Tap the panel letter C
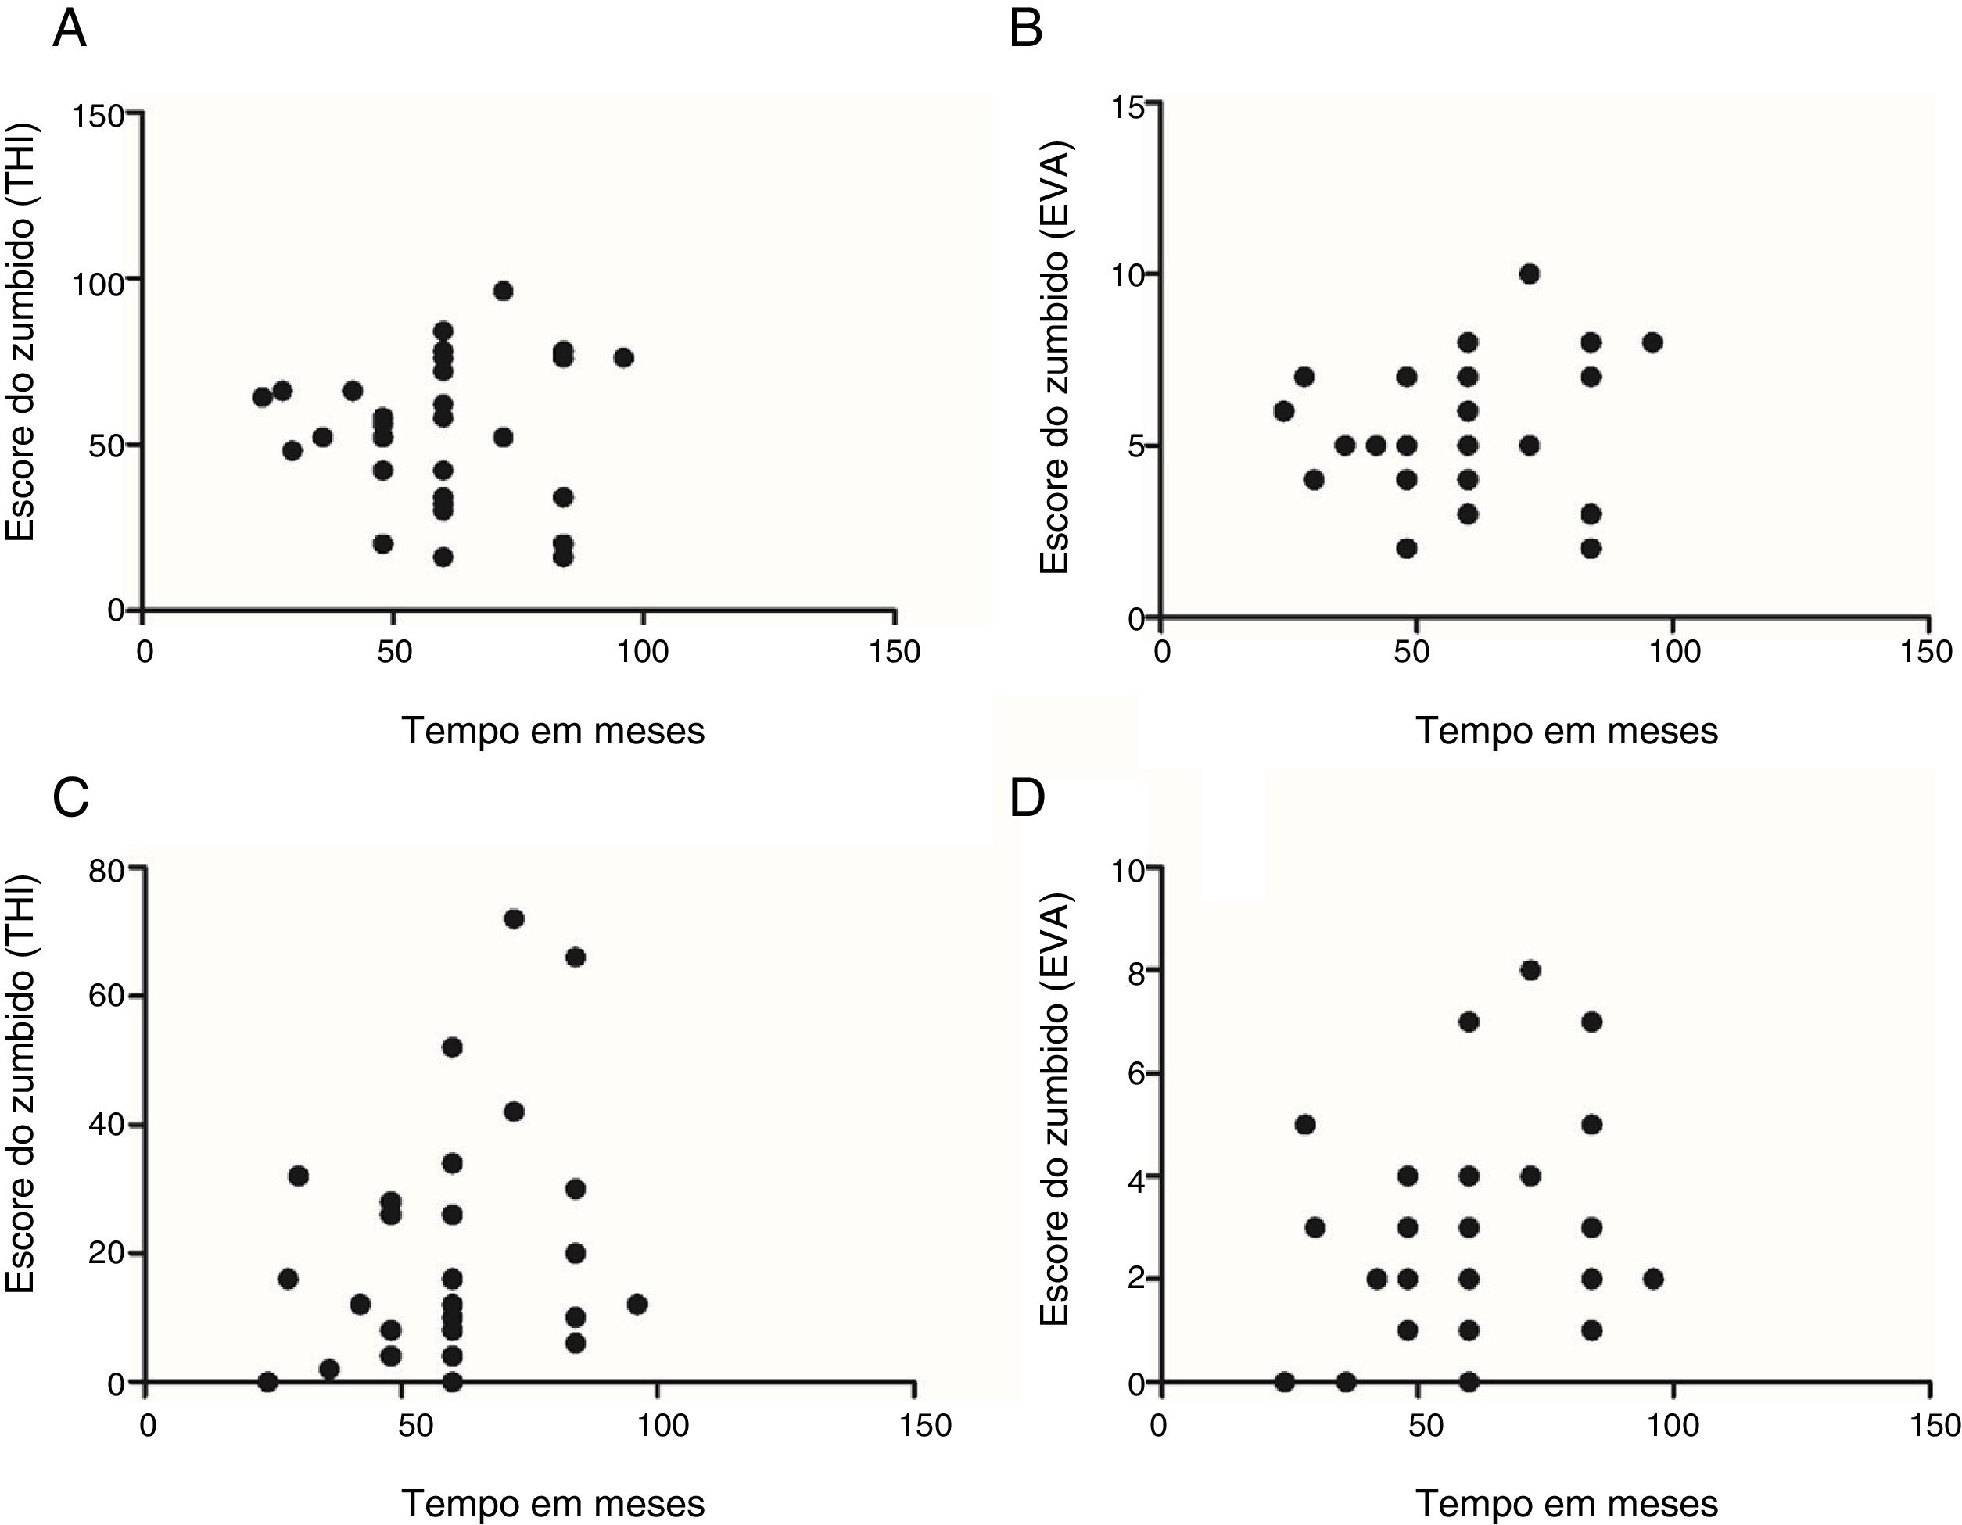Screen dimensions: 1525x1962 point(71,797)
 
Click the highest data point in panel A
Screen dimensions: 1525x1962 point(503,291)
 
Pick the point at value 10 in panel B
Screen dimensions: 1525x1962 point(1530,274)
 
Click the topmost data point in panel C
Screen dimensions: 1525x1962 point(514,918)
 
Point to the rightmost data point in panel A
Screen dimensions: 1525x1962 point(623,358)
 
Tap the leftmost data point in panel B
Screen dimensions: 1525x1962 point(1284,411)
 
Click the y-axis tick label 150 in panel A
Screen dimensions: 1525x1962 point(99,115)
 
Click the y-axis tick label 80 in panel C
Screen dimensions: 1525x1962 point(106,869)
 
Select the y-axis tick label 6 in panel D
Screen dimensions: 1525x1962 point(1137,1074)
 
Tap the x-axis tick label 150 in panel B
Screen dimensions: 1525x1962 point(1928,651)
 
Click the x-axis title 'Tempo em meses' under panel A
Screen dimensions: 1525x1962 point(553,730)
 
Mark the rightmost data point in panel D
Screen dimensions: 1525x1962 point(1653,1279)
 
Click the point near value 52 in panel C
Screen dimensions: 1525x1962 point(452,1048)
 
